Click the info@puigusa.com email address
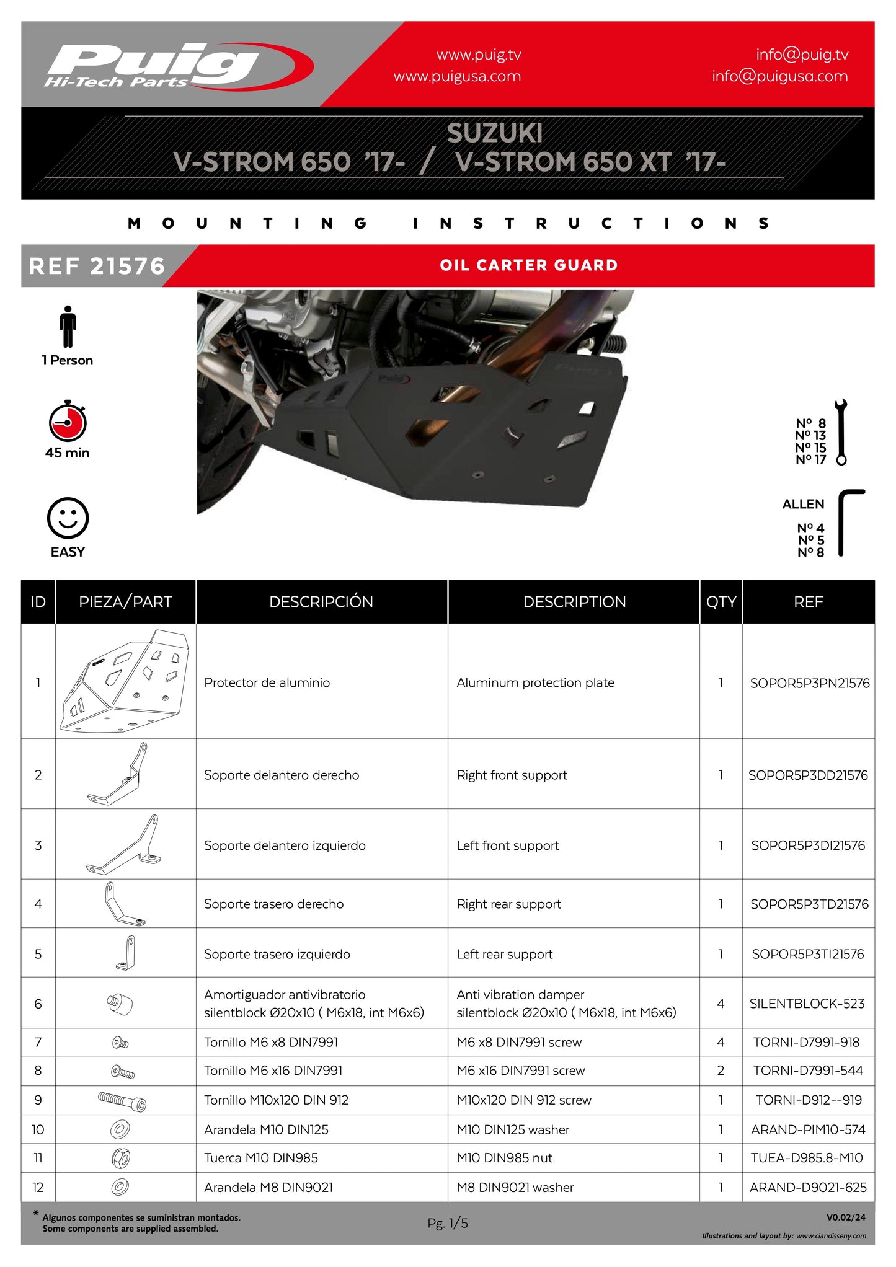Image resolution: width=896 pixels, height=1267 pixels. (779, 76)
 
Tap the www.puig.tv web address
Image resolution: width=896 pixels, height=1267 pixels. (479, 55)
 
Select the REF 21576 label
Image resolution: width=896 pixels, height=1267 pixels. (97, 266)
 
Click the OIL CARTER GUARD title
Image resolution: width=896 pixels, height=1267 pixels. (529, 265)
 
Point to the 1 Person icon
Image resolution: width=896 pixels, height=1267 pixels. (68, 326)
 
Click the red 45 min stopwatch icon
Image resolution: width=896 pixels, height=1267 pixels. (68, 422)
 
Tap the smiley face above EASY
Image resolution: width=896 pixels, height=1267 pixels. (68, 518)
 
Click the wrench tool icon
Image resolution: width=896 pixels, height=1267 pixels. (841, 431)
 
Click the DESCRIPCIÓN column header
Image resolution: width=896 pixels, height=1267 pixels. (321, 601)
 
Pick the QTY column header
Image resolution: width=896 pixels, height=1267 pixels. (721, 601)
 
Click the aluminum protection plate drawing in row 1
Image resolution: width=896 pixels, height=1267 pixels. (125, 681)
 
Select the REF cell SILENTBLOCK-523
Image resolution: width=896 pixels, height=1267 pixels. (807, 1003)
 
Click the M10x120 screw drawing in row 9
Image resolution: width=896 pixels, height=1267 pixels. (123, 1100)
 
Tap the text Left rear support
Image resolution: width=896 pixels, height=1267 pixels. (504, 954)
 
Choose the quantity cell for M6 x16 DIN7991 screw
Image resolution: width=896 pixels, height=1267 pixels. (721, 1071)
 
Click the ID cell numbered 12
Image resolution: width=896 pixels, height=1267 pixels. (38, 1187)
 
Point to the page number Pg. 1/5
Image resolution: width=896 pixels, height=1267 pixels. (447, 1223)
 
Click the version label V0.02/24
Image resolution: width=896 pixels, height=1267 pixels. (846, 1217)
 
